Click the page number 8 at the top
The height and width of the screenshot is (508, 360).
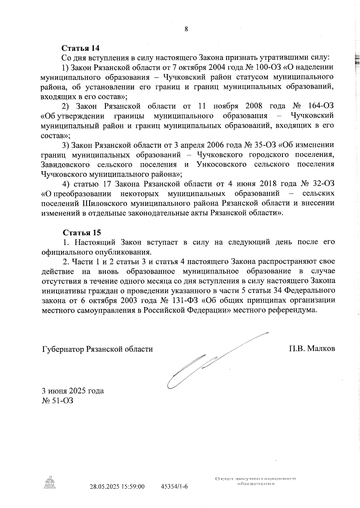tap(186, 29)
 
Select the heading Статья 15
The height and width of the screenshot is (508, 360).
tap(82, 233)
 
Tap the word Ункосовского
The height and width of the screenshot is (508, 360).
tap(222, 165)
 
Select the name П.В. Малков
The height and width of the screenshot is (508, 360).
tap(312, 349)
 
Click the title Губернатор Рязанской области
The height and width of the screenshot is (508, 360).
tap(97, 349)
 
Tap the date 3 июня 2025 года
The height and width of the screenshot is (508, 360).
tap(73, 391)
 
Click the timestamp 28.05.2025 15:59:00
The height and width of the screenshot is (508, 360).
tap(117, 486)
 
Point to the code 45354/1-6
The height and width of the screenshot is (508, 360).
tap(174, 486)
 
